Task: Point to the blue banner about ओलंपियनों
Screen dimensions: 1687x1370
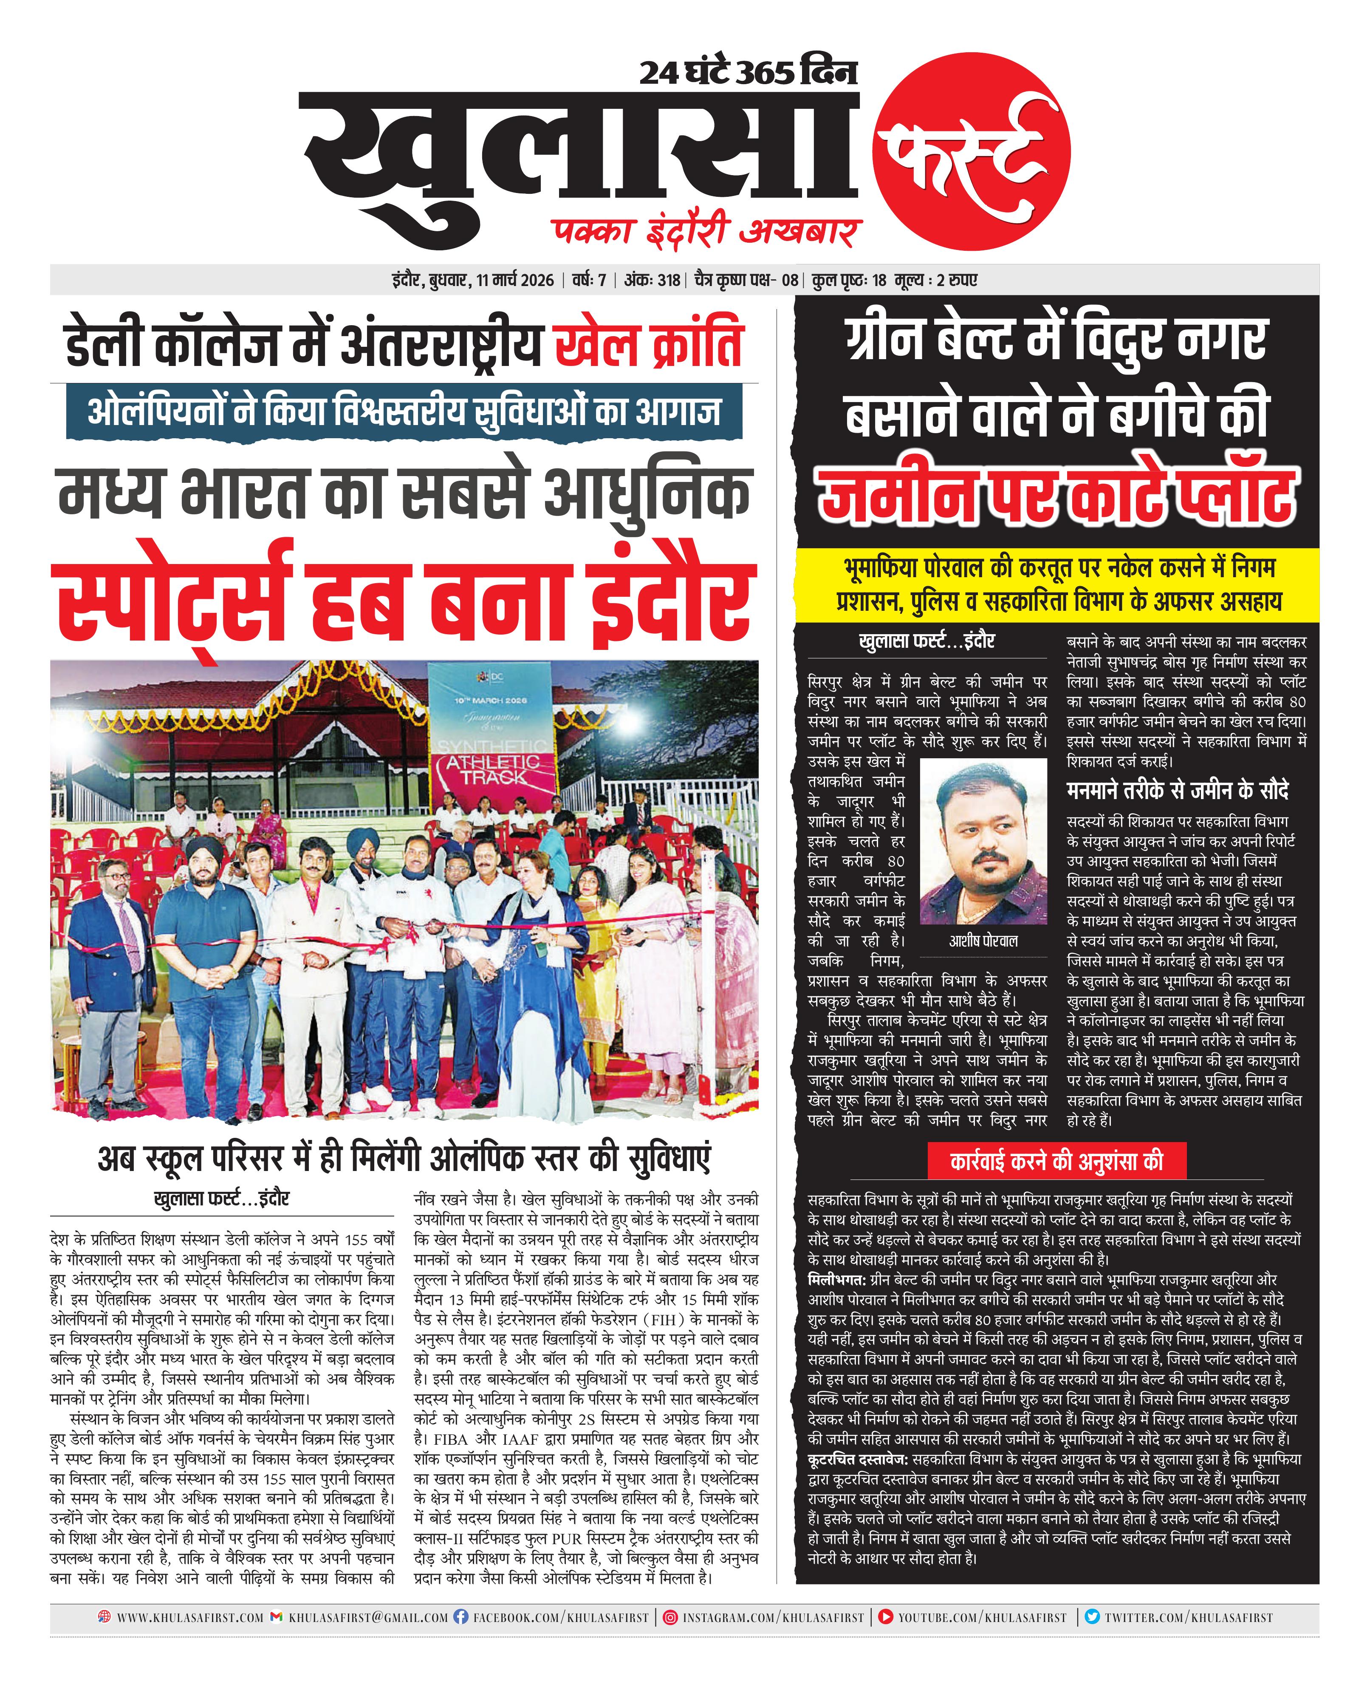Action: pos(404,412)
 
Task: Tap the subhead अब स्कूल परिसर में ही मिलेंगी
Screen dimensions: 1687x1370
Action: pos(404,1158)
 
